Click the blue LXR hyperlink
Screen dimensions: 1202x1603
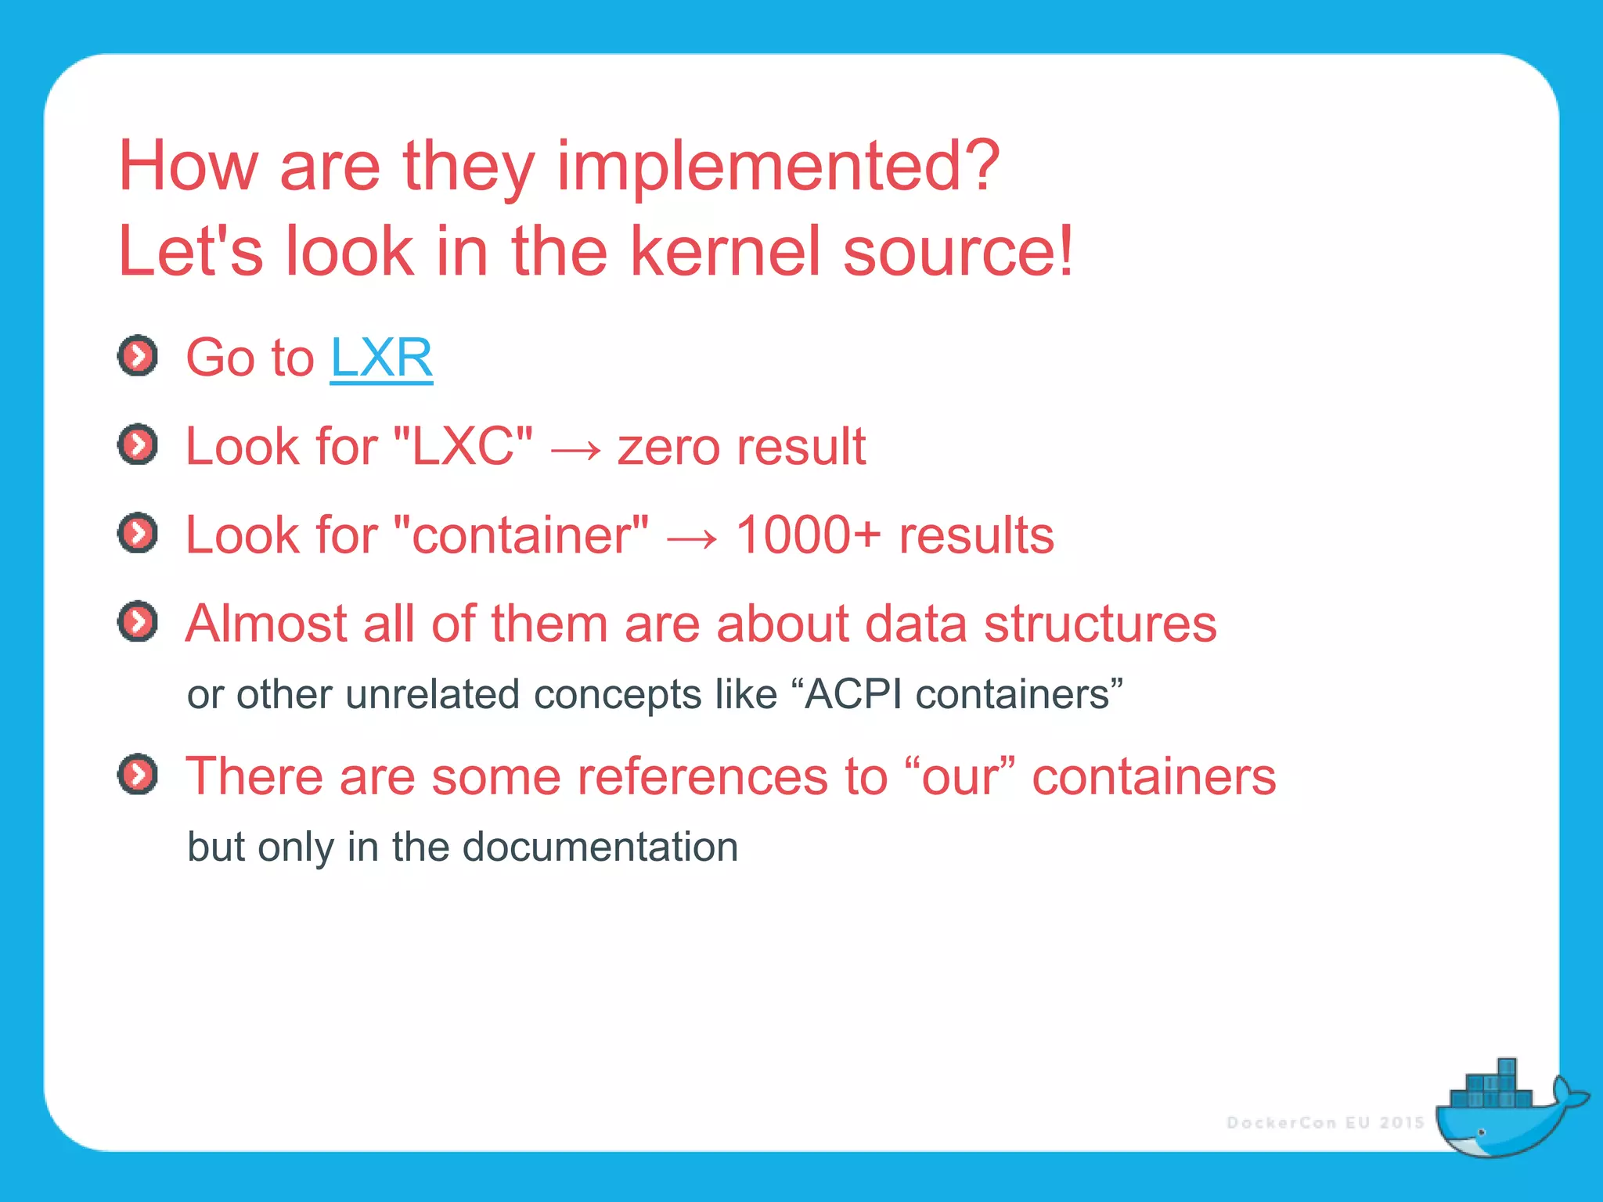(381, 358)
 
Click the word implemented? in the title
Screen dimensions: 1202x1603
(778, 166)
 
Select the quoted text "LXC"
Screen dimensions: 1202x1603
(463, 447)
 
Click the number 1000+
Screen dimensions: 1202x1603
(808, 535)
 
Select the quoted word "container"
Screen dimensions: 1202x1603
(521, 535)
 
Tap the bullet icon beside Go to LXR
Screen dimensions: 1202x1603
(138, 357)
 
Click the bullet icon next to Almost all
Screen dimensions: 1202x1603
(138, 622)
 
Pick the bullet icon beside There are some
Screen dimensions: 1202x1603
(138, 775)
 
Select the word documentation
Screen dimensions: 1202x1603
(600, 847)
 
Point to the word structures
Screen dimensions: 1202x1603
(1100, 624)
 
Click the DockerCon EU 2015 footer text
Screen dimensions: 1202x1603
(1325, 1123)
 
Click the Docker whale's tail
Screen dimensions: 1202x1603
(1566, 1096)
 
